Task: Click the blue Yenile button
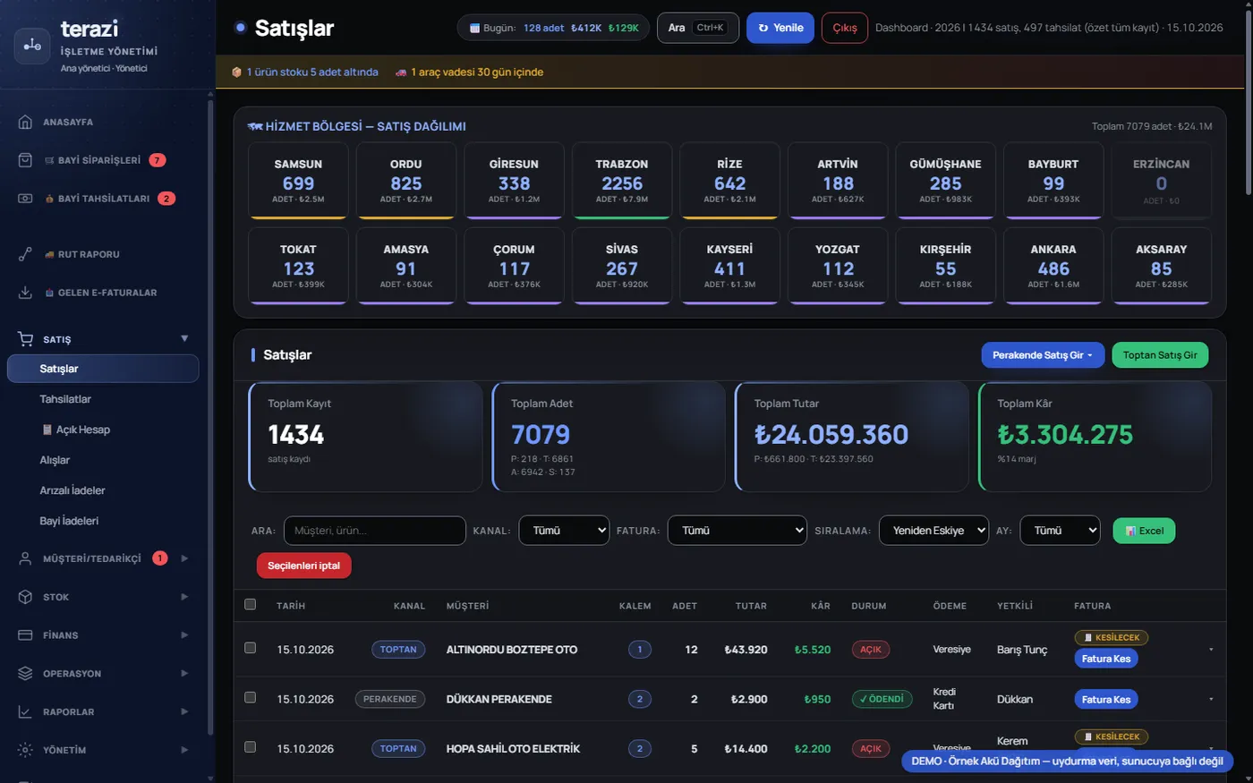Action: tap(780, 28)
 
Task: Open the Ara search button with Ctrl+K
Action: tap(697, 28)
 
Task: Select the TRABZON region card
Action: tap(621, 180)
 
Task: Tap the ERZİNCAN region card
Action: tap(1161, 180)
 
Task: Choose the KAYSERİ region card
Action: tap(729, 266)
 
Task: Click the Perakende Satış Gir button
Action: tap(1043, 354)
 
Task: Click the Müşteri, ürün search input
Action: tap(374, 530)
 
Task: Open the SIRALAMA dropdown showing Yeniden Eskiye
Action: tap(933, 530)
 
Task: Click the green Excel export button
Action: tap(1144, 530)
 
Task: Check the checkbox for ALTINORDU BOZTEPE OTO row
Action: tap(250, 648)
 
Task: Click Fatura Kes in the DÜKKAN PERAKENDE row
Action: tap(1105, 699)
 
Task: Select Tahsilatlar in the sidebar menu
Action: tap(64, 399)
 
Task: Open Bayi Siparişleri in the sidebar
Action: tap(99, 160)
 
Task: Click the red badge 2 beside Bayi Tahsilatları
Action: tap(166, 199)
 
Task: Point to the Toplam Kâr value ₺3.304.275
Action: tap(1065, 434)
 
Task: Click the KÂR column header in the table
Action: tap(820, 606)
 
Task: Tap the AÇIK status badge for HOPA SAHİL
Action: tap(870, 748)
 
